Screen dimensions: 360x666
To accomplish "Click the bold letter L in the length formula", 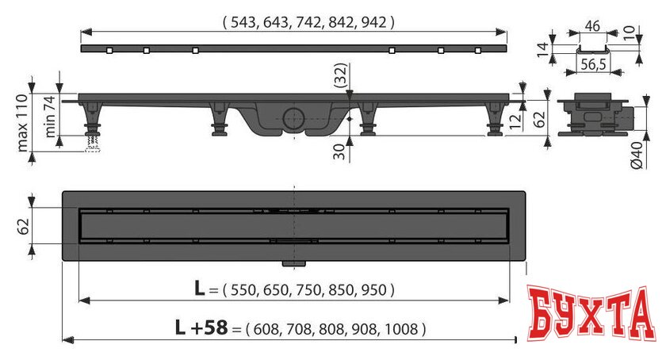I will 201,289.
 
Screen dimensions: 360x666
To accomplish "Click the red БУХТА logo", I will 593,314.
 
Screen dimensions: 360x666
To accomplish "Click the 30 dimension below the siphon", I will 339,151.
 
